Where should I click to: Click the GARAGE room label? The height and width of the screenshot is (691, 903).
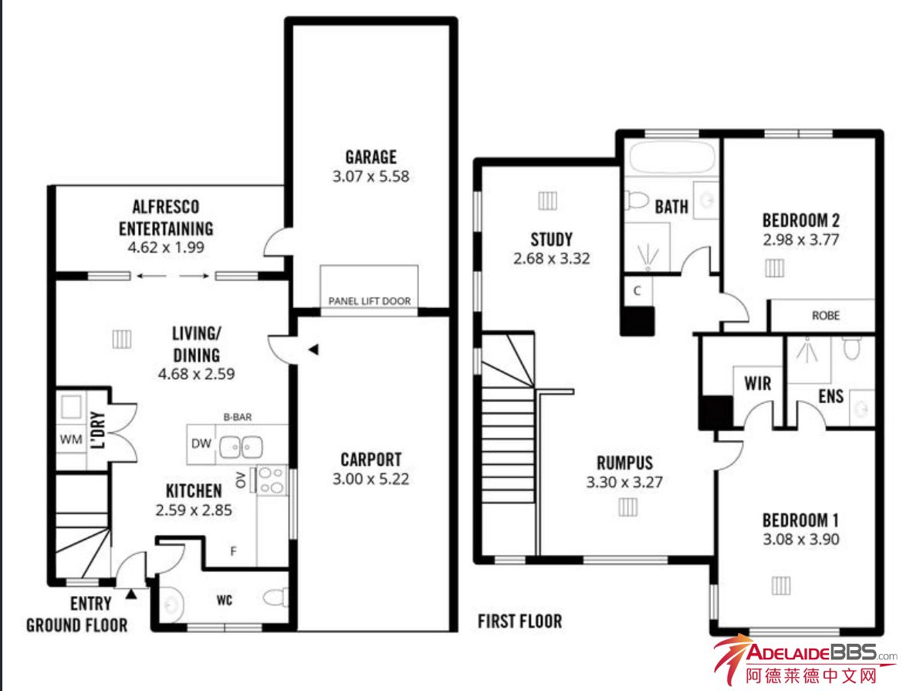pyautogui.click(x=371, y=157)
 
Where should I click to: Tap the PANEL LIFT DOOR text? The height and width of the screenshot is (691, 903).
pyautogui.click(x=369, y=301)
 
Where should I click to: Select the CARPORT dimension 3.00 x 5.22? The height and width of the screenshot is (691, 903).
pyautogui.click(x=371, y=479)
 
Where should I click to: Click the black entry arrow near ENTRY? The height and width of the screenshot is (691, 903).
pyautogui.click(x=131, y=593)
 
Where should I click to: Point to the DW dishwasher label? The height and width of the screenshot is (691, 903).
pyautogui.click(x=201, y=443)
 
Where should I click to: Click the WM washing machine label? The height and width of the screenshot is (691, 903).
pyautogui.click(x=71, y=439)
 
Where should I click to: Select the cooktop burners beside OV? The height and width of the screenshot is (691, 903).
pyautogui.click(x=271, y=480)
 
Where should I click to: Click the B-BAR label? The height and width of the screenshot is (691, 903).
pyautogui.click(x=237, y=417)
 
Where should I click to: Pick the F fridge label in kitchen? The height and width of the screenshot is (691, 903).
pyautogui.click(x=233, y=551)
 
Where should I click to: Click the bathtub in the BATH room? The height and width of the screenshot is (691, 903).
pyautogui.click(x=672, y=156)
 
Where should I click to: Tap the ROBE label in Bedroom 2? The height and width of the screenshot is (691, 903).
pyautogui.click(x=825, y=316)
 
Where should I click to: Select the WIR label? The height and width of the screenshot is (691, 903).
pyautogui.click(x=757, y=383)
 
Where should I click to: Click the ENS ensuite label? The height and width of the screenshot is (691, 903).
pyautogui.click(x=830, y=396)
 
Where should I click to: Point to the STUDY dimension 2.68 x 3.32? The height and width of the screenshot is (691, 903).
pyautogui.click(x=552, y=259)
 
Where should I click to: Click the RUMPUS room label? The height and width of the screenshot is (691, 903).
pyautogui.click(x=625, y=462)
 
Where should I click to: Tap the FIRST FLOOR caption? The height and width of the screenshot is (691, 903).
pyautogui.click(x=520, y=622)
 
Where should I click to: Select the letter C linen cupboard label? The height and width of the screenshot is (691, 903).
pyautogui.click(x=637, y=290)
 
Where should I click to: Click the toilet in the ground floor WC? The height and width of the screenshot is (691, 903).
pyautogui.click(x=276, y=598)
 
